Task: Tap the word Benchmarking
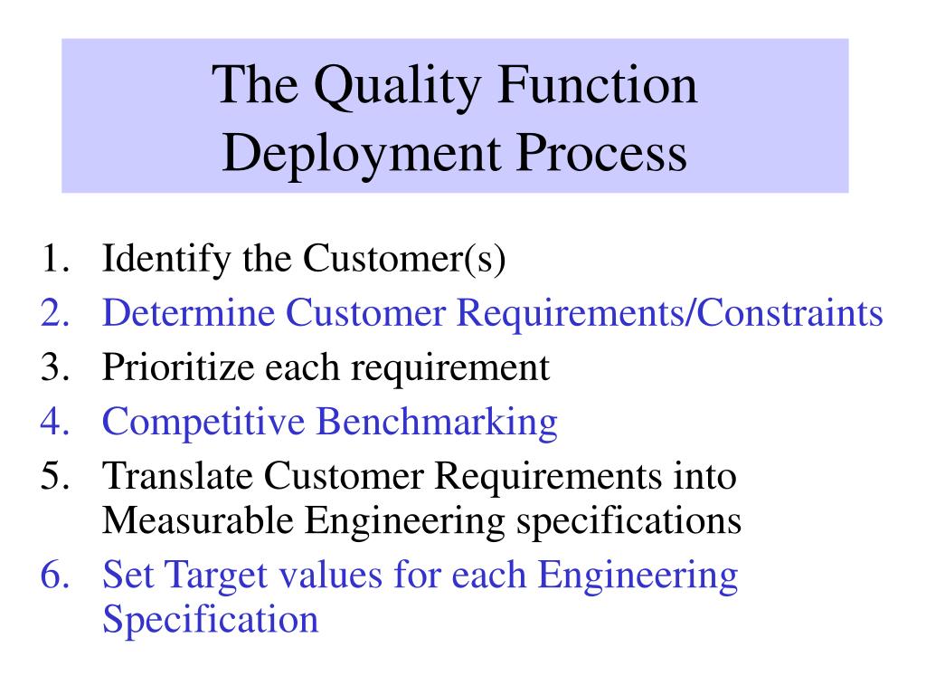pyautogui.click(x=436, y=423)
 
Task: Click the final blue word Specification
pyautogui.click(x=210, y=621)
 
